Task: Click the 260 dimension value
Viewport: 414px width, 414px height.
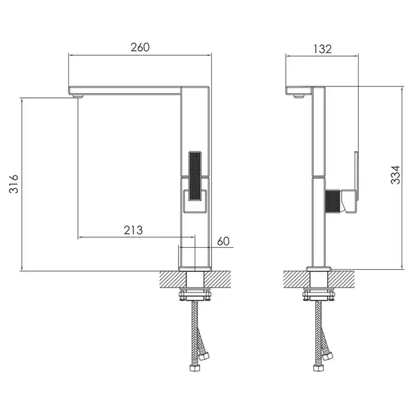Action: pyautogui.click(x=140, y=47)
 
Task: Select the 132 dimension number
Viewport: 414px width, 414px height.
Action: pyautogui.click(x=322, y=49)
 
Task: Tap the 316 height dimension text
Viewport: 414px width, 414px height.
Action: pyautogui.click(x=14, y=184)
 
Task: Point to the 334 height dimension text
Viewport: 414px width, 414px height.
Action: pyautogui.click(x=395, y=175)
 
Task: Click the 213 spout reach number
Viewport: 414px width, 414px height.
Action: pyautogui.click(x=133, y=230)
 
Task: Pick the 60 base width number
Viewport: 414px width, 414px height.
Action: pyautogui.click(x=224, y=241)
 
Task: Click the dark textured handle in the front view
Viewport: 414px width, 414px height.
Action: pyautogui.click(x=195, y=176)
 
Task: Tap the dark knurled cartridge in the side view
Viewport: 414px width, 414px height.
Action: pyautogui.click(x=333, y=201)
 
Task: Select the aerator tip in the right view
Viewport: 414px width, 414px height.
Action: pyautogui.click(x=299, y=96)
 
